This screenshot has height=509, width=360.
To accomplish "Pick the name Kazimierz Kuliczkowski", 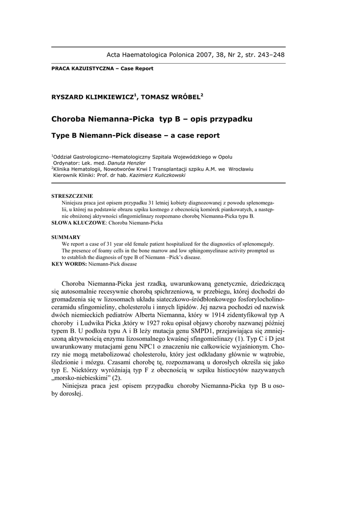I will [x=158, y=174].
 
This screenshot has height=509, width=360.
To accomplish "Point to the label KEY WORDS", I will [x=69, y=264].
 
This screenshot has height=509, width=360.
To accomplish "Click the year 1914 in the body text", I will [x=221, y=315].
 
